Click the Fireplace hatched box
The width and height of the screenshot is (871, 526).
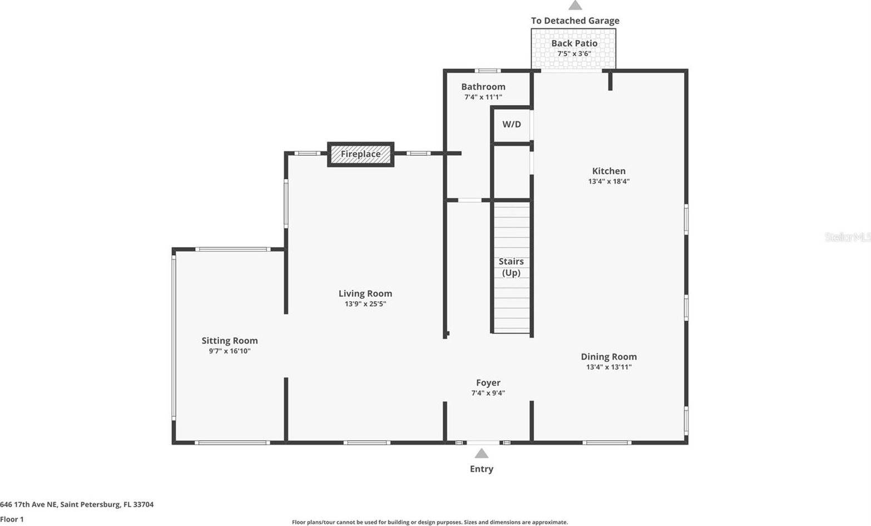[x=360, y=154]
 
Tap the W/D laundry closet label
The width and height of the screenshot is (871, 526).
[x=512, y=124]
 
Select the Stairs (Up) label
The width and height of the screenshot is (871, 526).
[x=511, y=267]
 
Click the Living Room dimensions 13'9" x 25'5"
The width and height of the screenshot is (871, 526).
[x=365, y=304]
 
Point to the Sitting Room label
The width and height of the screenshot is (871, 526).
[x=229, y=341]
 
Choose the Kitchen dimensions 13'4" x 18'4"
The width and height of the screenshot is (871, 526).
[x=608, y=181]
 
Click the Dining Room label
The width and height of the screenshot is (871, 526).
[x=608, y=357]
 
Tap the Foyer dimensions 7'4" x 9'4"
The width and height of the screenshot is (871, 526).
[x=488, y=393]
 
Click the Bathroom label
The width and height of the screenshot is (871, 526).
[x=483, y=87]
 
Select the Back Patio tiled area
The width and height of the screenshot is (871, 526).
[x=573, y=49]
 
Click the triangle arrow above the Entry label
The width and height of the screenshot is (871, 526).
[x=482, y=454]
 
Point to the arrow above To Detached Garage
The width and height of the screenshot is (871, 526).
[x=575, y=5]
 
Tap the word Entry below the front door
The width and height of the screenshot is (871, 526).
[x=481, y=469]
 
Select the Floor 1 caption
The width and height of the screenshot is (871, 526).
[x=12, y=519]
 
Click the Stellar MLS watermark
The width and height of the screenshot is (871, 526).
[x=847, y=237]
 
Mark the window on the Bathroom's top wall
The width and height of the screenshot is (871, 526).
[x=487, y=71]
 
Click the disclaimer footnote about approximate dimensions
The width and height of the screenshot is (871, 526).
[x=429, y=522]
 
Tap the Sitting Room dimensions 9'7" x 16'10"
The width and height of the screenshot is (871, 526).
[x=229, y=351]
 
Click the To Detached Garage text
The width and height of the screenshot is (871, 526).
[x=575, y=21]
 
